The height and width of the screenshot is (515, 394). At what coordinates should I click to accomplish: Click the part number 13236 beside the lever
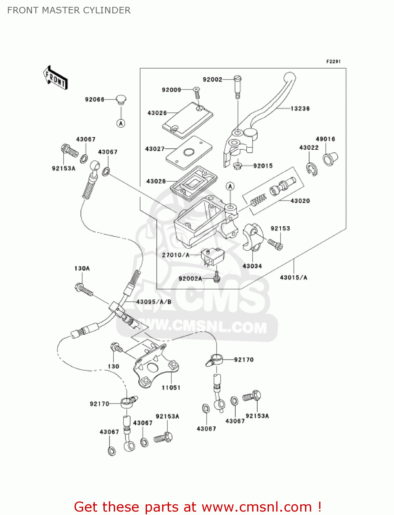[300, 108]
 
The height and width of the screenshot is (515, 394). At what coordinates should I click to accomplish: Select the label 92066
[94, 100]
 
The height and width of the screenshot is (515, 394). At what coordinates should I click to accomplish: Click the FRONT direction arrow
[55, 78]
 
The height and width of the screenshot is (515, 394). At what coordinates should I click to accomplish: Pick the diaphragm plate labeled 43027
[189, 152]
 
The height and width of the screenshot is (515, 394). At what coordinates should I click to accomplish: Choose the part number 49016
[325, 139]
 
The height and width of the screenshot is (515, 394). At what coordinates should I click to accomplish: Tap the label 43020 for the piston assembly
[300, 201]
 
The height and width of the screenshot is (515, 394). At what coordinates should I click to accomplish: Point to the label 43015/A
[293, 277]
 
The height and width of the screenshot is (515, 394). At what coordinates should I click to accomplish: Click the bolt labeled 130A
[83, 290]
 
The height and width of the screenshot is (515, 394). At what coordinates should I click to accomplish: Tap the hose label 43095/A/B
[154, 302]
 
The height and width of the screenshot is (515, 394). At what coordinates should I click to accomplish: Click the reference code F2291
[333, 61]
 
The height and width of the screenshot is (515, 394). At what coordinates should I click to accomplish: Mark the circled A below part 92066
[121, 123]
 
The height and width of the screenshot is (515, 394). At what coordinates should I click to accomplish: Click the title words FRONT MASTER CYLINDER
[69, 10]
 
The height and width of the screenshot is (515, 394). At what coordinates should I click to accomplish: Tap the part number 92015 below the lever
[263, 166]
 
